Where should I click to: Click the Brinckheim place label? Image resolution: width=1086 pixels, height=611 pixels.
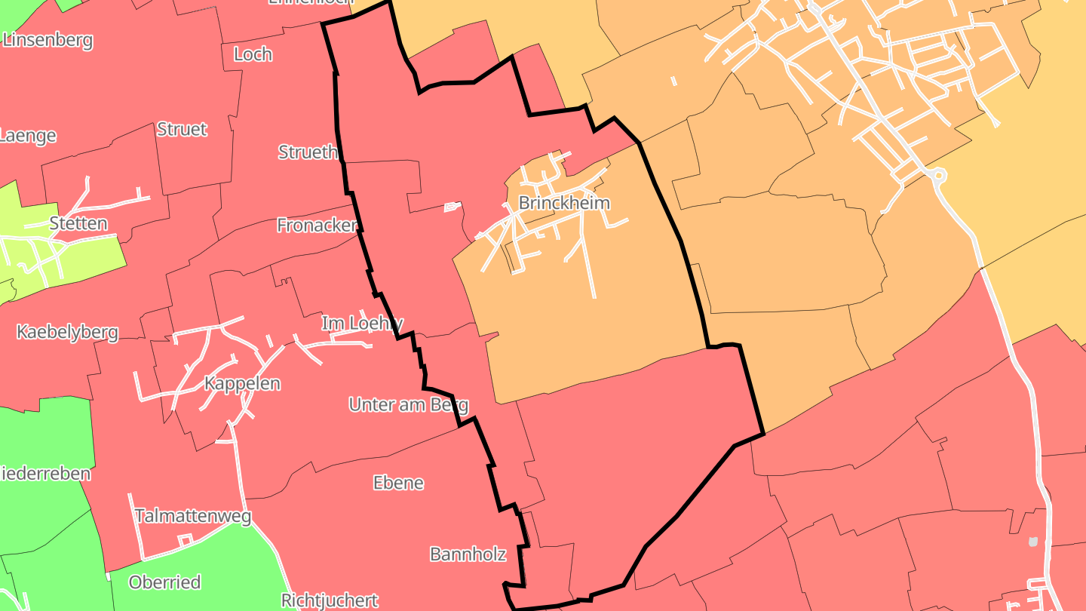point(563,203)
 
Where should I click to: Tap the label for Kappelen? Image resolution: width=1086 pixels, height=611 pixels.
point(242,383)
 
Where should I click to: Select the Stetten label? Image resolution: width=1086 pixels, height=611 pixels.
point(78,223)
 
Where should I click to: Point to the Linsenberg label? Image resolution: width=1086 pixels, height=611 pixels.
point(48,40)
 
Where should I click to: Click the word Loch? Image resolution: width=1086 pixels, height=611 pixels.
point(253,54)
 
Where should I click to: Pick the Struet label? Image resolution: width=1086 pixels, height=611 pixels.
point(182,129)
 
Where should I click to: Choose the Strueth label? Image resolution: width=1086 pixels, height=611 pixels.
point(308,152)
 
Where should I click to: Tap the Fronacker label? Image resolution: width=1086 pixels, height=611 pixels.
point(317,225)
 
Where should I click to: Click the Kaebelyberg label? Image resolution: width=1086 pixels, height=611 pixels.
point(67,332)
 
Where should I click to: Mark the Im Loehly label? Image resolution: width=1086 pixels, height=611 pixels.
point(362,324)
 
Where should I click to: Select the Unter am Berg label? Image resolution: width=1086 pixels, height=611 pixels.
point(408,404)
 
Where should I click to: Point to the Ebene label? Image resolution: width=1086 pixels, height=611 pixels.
point(398,483)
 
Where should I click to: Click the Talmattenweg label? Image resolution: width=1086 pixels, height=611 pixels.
point(192,516)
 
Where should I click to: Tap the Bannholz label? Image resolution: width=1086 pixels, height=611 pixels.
point(468,554)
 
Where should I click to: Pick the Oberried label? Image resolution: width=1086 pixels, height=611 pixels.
point(164,582)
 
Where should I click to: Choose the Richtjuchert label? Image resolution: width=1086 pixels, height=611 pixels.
point(329,600)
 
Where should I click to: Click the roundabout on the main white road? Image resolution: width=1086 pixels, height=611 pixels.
point(938,176)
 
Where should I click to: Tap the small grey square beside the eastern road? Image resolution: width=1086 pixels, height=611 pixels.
point(1032,541)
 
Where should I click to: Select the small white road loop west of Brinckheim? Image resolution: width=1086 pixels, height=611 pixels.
point(452,206)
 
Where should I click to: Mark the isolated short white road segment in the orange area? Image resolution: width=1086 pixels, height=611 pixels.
point(673,80)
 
